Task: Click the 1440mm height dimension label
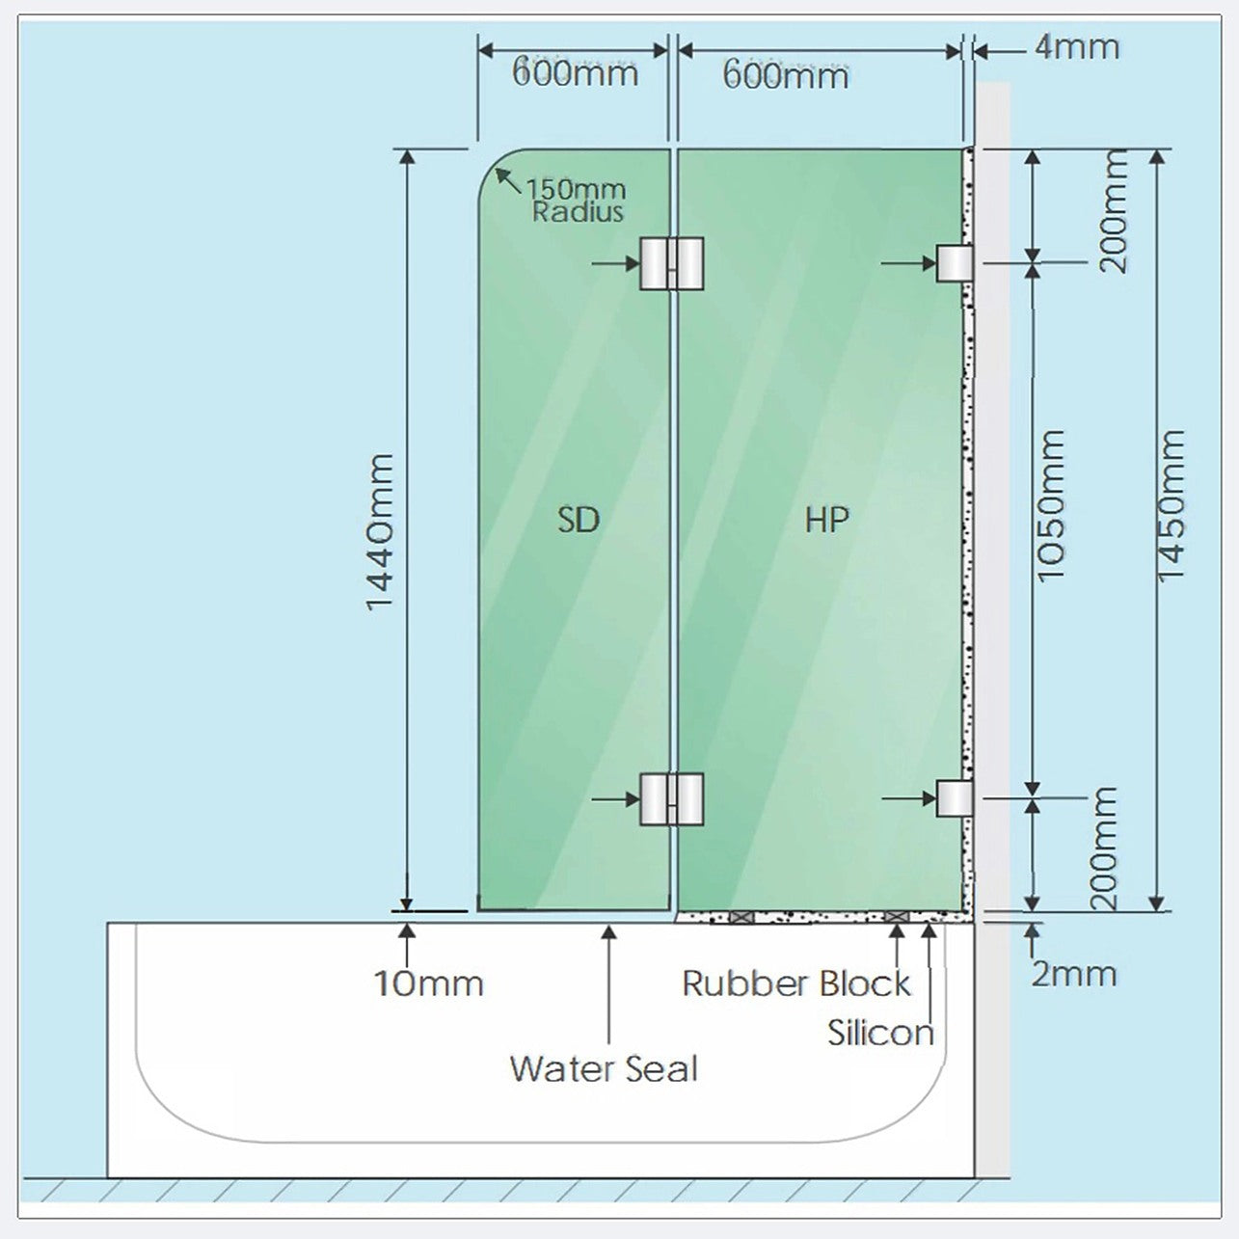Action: click(x=380, y=532)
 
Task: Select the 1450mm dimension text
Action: click(x=1171, y=506)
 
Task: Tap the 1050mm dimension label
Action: click(x=1052, y=506)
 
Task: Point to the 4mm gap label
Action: click(x=1077, y=47)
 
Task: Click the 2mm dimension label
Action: click(x=1074, y=974)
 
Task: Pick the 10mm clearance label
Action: click(x=429, y=983)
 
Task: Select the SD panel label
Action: click(x=578, y=520)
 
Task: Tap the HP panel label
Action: click(x=827, y=520)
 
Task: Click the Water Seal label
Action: click(x=604, y=1068)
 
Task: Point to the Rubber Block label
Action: click(x=796, y=983)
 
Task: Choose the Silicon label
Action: click(x=880, y=1033)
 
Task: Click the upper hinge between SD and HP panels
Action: click(x=671, y=263)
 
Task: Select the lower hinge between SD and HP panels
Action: click(x=671, y=799)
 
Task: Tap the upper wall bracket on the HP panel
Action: click(x=955, y=263)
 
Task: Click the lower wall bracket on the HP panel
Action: click(x=955, y=798)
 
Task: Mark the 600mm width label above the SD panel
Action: click(x=575, y=72)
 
